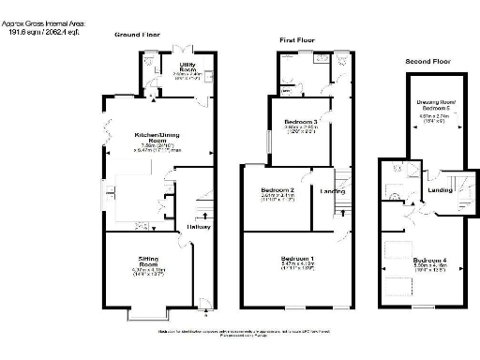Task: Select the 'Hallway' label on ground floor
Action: (x=198, y=227)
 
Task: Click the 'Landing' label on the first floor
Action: (x=334, y=193)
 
